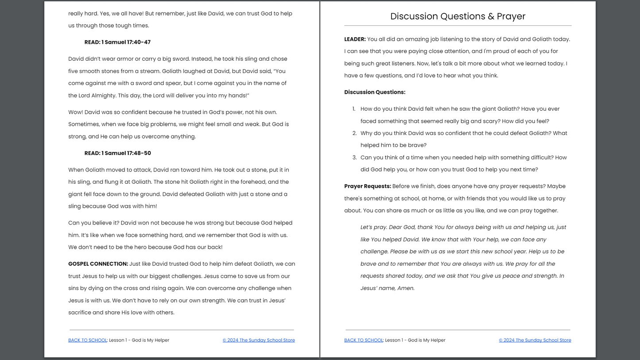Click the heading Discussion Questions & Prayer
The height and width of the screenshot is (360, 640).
click(458, 16)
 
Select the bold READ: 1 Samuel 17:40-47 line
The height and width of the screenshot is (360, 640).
click(117, 43)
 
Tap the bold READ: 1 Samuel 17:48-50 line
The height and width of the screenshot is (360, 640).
click(117, 153)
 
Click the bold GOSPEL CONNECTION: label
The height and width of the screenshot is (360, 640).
click(98, 264)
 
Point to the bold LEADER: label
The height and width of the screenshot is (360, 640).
click(355, 39)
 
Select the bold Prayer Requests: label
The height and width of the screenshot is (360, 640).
click(367, 186)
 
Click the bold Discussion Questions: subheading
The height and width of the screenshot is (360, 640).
click(375, 93)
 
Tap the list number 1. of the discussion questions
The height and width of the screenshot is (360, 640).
click(354, 109)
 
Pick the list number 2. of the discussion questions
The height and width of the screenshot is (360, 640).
click(354, 133)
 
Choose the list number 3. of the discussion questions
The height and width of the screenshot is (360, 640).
click(354, 158)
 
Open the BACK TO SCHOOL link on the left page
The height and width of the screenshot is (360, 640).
click(88, 341)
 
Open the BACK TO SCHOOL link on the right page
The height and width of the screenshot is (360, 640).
click(364, 341)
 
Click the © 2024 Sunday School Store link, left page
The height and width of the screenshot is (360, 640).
click(259, 341)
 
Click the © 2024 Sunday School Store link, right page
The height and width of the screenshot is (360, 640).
click(535, 341)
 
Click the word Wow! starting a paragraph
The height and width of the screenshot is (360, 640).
click(76, 112)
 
